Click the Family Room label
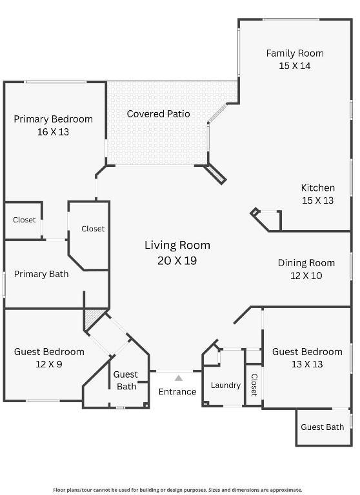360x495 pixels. [x=295, y=53]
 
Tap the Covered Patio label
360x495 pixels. [x=158, y=114]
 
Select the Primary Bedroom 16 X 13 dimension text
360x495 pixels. [x=53, y=131]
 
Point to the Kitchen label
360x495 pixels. [x=318, y=188]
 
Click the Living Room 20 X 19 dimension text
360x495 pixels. [x=177, y=261]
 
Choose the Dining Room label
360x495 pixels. [x=306, y=263]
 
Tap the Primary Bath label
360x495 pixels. [x=41, y=274]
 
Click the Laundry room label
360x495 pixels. [x=226, y=385]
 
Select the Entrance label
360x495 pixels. [x=177, y=392]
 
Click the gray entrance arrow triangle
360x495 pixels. [x=179, y=378]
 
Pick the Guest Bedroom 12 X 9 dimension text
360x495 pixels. [x=50, y=364]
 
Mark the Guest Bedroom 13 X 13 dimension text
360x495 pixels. [x=307, y=364]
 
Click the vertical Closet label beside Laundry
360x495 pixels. [x=254, y=385]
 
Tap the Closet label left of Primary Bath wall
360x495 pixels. [x=25, y=220]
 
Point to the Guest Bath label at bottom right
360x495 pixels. [x=322, y=427]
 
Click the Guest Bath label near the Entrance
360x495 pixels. [x=126, y=380]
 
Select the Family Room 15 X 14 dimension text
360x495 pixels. [x=295, y=65]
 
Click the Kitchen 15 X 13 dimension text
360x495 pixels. [x=318, y=200]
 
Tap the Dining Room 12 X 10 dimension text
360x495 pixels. [x=306, y=275]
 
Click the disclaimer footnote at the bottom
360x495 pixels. [x=177, y=490]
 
